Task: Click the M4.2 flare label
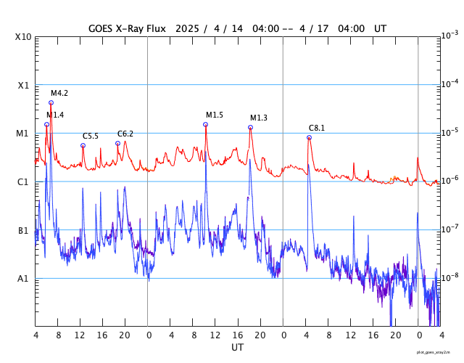[x=59, y=93]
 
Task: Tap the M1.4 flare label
[x=55, y=115]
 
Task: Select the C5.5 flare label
[x=91, y=136]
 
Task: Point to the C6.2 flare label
[x=125, y=134]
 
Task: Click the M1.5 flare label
[x=215, y=115]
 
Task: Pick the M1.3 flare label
[x=259, y=118]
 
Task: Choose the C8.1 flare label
[x=317, y=128]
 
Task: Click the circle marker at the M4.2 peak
[x=51, y=102]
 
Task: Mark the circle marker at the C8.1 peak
[x=309, y=137]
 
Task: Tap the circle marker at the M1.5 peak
[x=205, y=124]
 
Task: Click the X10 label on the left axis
[x=24, y=36]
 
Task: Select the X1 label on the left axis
[x=24, y=85]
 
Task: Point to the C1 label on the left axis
[x=24, y=181]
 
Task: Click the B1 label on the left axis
[x=24, y=230]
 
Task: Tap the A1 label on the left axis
[x=24, y=278]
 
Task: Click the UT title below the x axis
[x=237, y=348]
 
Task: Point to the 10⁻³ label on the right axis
[x=449, y=35]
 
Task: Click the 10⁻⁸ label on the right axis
[x=449, y=277]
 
